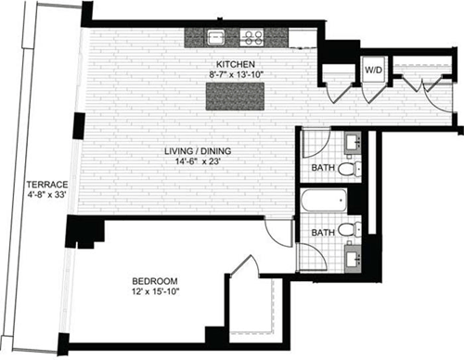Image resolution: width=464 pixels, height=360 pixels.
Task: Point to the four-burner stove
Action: click(x=251, y=38)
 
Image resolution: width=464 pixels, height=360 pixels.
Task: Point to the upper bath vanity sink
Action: click(x=354, y=145)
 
